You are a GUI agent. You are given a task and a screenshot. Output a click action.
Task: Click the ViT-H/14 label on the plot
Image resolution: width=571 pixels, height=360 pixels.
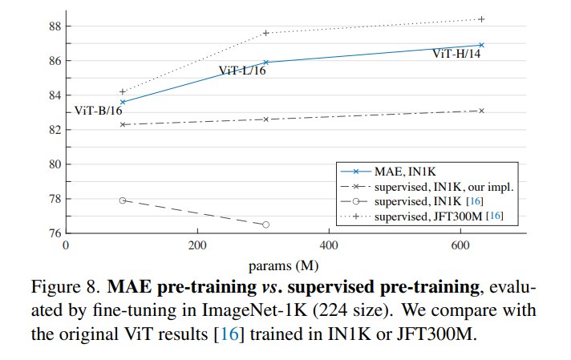point(456,54)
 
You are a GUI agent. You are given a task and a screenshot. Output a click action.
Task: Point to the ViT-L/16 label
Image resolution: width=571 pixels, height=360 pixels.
point(242,71)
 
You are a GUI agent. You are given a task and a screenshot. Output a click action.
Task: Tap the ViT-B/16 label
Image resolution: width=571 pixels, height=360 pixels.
point(99,111)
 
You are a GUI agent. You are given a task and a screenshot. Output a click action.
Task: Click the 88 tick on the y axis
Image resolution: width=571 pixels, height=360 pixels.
point(55,26)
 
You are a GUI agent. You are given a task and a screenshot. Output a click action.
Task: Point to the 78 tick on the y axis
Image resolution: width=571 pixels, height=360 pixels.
point(55,199)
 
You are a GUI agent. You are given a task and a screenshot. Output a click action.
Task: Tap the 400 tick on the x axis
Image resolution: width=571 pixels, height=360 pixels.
point(329,245)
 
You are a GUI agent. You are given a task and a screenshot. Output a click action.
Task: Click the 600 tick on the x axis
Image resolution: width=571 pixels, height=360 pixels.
point(460,245)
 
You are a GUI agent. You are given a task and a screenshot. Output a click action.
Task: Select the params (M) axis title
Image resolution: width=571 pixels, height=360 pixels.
point(283,266)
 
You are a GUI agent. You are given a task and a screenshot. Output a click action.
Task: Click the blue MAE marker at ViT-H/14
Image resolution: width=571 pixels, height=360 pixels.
point(481,45)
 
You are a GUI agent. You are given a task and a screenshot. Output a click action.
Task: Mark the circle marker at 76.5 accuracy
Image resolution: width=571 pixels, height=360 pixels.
point(265,224)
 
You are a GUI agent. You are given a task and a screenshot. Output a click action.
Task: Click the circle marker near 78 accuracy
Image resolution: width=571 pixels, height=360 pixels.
point(123,200)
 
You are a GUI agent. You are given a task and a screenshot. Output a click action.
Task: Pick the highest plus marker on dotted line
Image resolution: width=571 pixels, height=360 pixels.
point(481,19)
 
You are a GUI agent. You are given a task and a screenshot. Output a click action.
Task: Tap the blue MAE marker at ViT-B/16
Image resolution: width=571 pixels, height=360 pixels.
point(123,102)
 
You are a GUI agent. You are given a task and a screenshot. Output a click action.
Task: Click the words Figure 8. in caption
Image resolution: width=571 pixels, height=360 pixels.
point(65,287)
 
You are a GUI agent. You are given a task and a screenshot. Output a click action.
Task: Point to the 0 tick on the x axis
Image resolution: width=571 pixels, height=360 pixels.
point(66,245)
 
